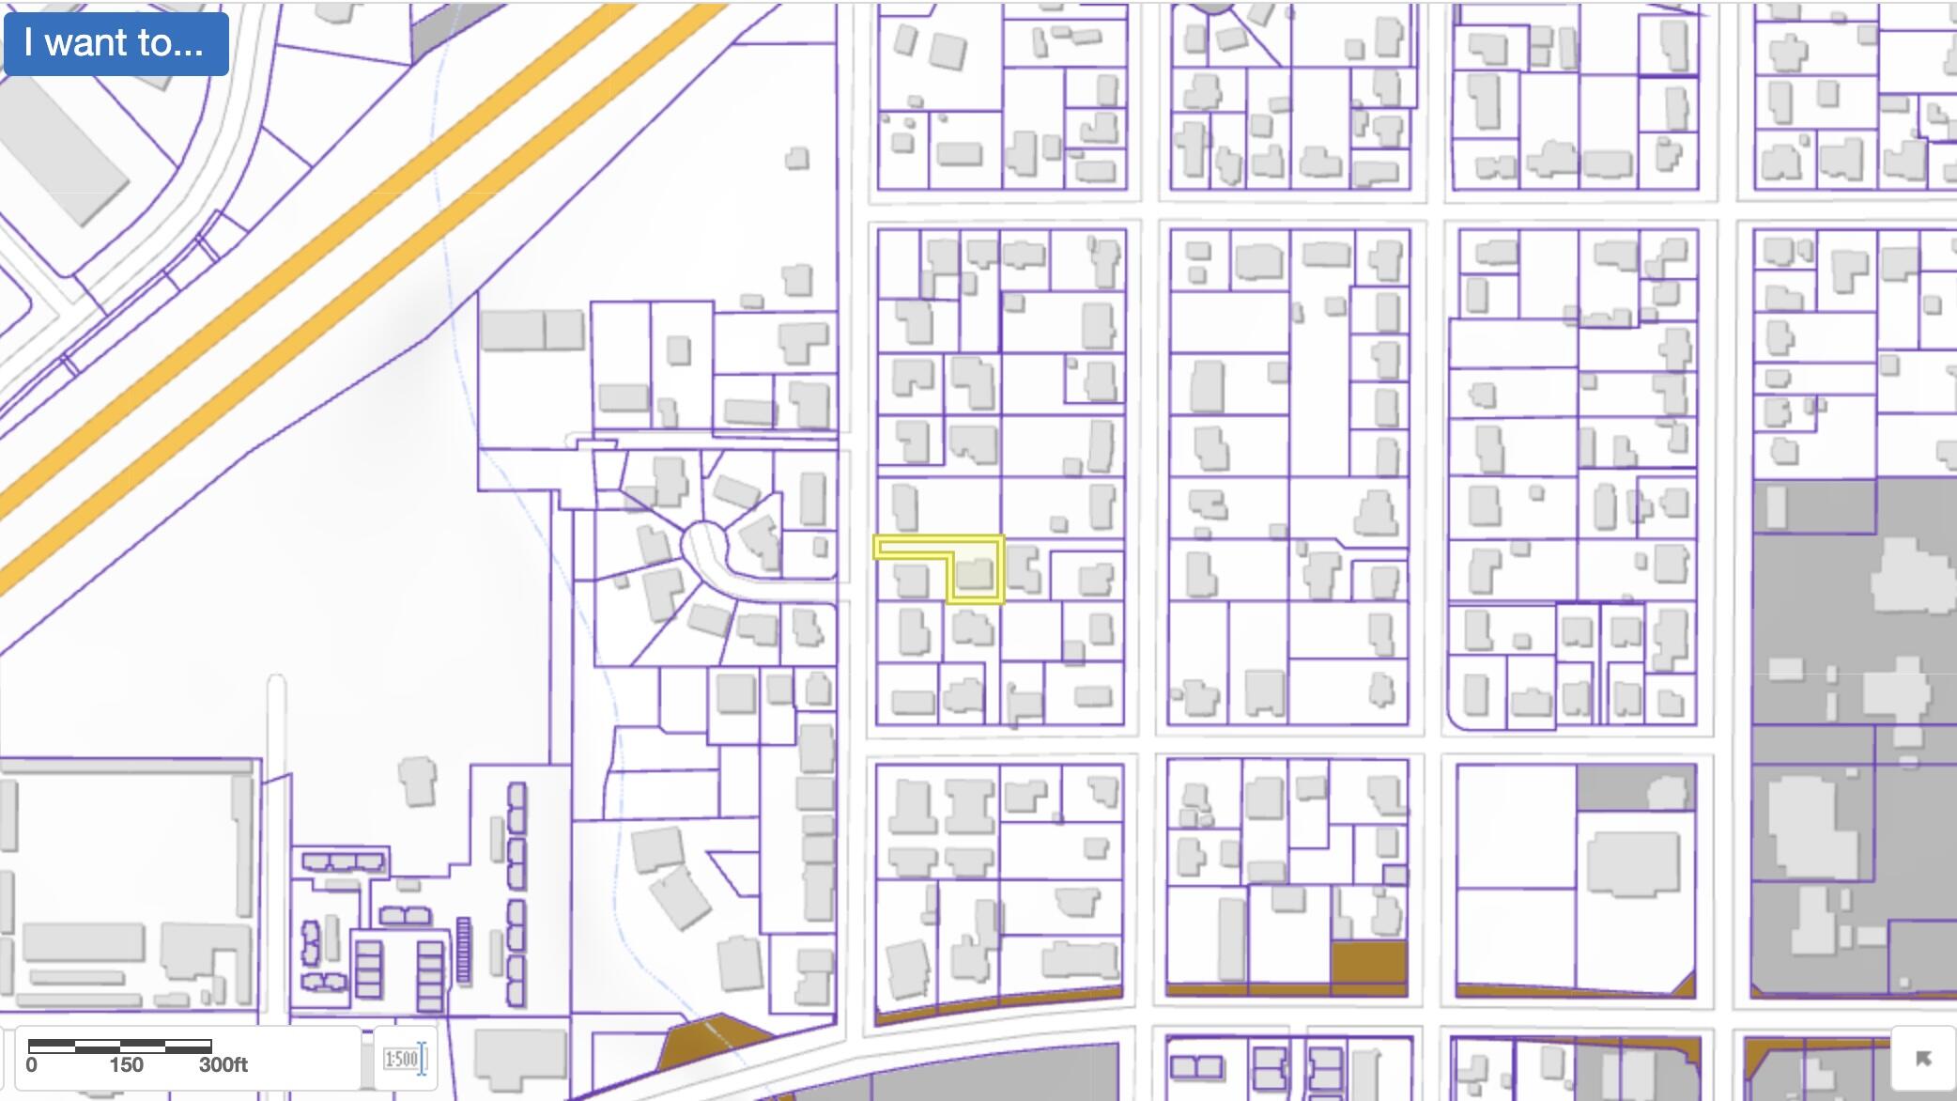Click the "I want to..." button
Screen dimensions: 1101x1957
click(x=116, y=43)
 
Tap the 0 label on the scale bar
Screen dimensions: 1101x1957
click(x=32, y=1065)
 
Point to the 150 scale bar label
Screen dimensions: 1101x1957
click(x=126, y=1065)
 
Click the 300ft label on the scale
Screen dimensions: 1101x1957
click(x=223, y=1065)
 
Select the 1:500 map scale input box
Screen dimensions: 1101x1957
click(x=401, y=1060)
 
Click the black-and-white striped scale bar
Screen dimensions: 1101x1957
click(x=119, y=1046)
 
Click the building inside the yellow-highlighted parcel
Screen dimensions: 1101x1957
click(x=975, y=573)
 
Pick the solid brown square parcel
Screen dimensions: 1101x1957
click(x=1369, y=964)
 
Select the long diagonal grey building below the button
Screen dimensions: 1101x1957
click(x=66, y=150)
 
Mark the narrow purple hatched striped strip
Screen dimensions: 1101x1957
click(x=462, y=951)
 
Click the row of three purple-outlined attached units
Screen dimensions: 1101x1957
click(x=344, y=862)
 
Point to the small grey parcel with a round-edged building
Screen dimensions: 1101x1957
click(x=1637, y=787)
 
